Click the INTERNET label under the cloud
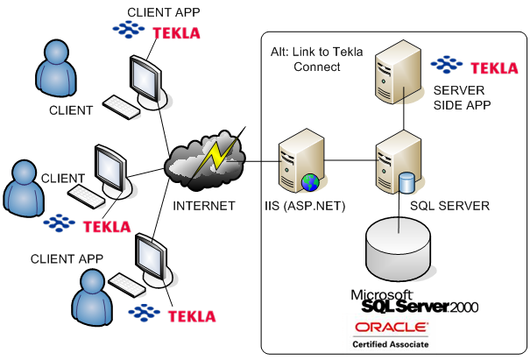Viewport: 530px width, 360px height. click(204, 206)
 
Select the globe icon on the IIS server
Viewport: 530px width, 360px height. click(310, 182)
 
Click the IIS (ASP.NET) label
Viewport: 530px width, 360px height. click(305, 206)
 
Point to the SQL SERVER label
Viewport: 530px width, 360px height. click(449, 206)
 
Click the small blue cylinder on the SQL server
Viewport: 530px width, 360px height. click(406, 182)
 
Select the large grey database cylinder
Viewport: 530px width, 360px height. click(399, 250)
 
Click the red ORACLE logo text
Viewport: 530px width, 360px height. click(391, 327)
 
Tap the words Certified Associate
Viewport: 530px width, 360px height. click(391, 344)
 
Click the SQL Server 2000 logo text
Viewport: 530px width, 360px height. click(415, 301)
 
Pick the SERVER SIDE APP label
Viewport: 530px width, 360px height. click(462, 98)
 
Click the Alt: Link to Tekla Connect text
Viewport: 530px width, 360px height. click(317, 60)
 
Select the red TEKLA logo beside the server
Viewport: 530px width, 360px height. click(494, 68)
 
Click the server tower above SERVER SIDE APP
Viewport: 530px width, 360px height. click(399, 72)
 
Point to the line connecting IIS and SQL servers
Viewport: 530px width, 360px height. click(350, 160)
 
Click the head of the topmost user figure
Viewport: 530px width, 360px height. click(56, 52)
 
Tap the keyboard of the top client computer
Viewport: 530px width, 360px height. click(122, 107)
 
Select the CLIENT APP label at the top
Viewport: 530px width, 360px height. click(164, 12)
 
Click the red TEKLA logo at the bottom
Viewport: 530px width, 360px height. click(192, 316)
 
